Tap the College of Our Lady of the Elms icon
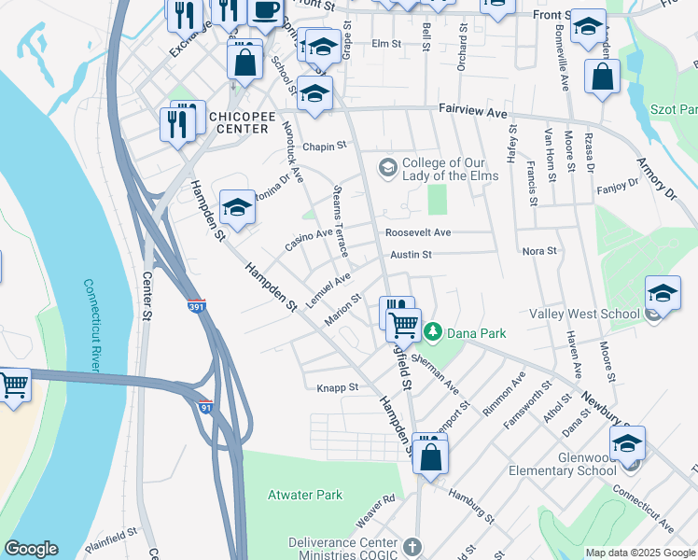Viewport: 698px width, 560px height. [x=387, y=168]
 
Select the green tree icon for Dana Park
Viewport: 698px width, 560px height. [x=433, y=331]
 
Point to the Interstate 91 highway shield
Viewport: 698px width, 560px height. [x=206, y=406]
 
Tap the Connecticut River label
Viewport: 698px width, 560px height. [x=91, y=324]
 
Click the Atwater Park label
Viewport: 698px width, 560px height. [x=304, y=496]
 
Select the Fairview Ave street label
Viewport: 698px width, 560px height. [x=473, y=112]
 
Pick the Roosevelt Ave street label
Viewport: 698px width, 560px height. [x=418, y=232]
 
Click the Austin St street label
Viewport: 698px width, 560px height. [x=411, y=254]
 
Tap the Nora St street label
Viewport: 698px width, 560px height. [x=538, y=251]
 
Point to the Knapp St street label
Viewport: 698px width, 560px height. [x=338, y=386]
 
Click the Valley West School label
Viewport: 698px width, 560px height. [x=584, y=315]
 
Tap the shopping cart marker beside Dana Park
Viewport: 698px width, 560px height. [x=403, y=324]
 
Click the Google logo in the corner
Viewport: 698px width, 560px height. [x=31, y=550]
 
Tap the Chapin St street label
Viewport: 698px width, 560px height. [x=324, y=146]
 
